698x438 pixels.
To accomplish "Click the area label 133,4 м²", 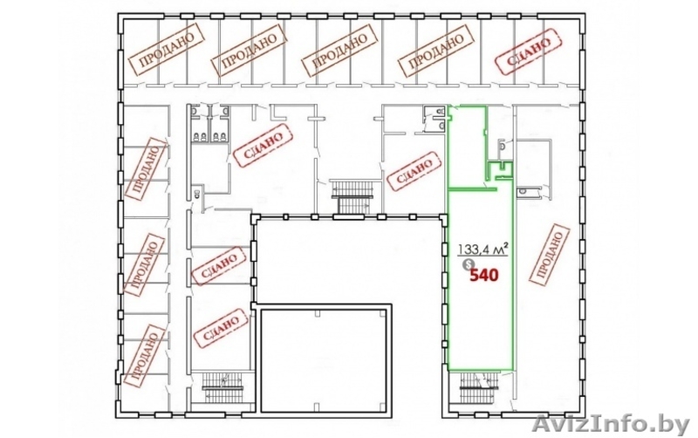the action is pos(483,250).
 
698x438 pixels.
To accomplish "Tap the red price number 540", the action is pos(485,276).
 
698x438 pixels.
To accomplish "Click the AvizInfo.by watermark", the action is pos(611,425).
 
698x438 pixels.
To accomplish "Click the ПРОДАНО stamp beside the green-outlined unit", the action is pos(551,254).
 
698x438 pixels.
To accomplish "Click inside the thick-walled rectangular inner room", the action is pos(323,360).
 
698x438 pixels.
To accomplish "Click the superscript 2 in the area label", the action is pos(506,244).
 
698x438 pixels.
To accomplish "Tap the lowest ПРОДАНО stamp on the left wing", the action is pos(145,355).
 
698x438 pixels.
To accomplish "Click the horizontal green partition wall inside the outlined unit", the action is pos(472,189).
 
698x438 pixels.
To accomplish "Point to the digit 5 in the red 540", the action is pos(475,276).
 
